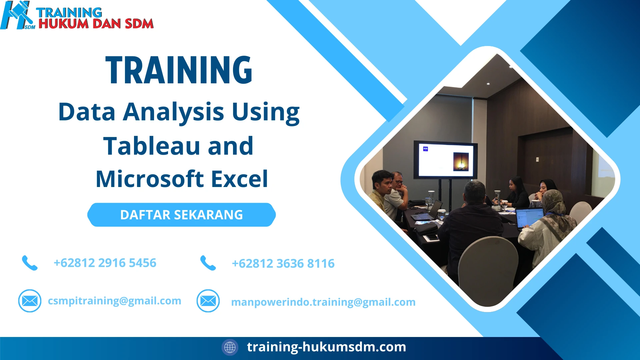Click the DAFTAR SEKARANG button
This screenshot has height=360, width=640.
[181, 215]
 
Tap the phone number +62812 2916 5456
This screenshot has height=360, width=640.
[105, 263]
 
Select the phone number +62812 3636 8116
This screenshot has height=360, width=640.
[283, 264]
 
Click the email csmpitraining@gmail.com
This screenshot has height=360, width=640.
[114, 301]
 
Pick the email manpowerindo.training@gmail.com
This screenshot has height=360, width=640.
[323, 302]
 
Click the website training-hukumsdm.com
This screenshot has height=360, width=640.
[326, 347]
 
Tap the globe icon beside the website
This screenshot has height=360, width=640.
[230, 347]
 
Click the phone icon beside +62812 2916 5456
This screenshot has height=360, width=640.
[30, 263]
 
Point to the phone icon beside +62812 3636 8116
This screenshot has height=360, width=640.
[208, 263]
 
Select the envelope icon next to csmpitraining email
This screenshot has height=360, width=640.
[30, 301]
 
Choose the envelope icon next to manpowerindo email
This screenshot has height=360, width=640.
[208, 301]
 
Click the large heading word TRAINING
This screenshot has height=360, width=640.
[179, 70]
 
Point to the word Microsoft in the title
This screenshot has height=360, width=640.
[150, 179]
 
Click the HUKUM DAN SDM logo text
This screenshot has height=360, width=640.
[96, 24]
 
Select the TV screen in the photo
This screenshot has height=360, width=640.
[445, 159]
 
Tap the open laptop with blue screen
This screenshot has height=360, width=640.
[529, 217]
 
